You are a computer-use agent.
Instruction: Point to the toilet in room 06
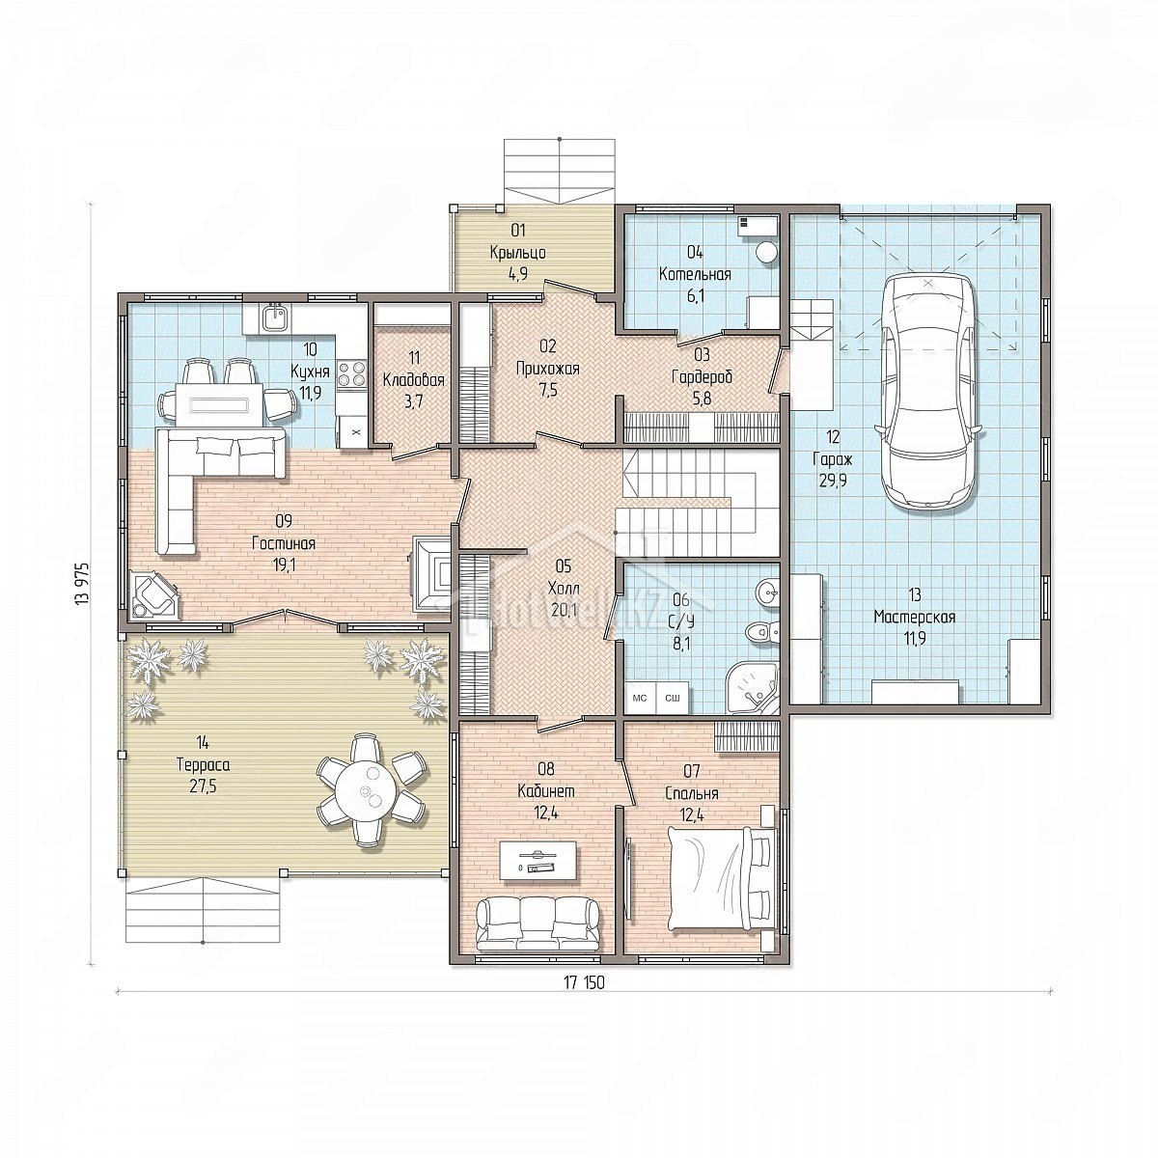[x=760, y=631]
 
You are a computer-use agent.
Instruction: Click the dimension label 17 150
[x=584, y=982]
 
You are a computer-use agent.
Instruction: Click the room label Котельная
[x=695, y=275]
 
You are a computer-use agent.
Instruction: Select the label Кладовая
[x=413, y=380]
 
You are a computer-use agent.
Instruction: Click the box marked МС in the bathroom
[x=640, y=698]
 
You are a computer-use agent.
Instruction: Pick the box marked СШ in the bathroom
[x=672, y=698]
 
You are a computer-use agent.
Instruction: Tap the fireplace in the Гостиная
[x=430, y=571]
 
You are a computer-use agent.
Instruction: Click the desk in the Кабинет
[x=538, y=861]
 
